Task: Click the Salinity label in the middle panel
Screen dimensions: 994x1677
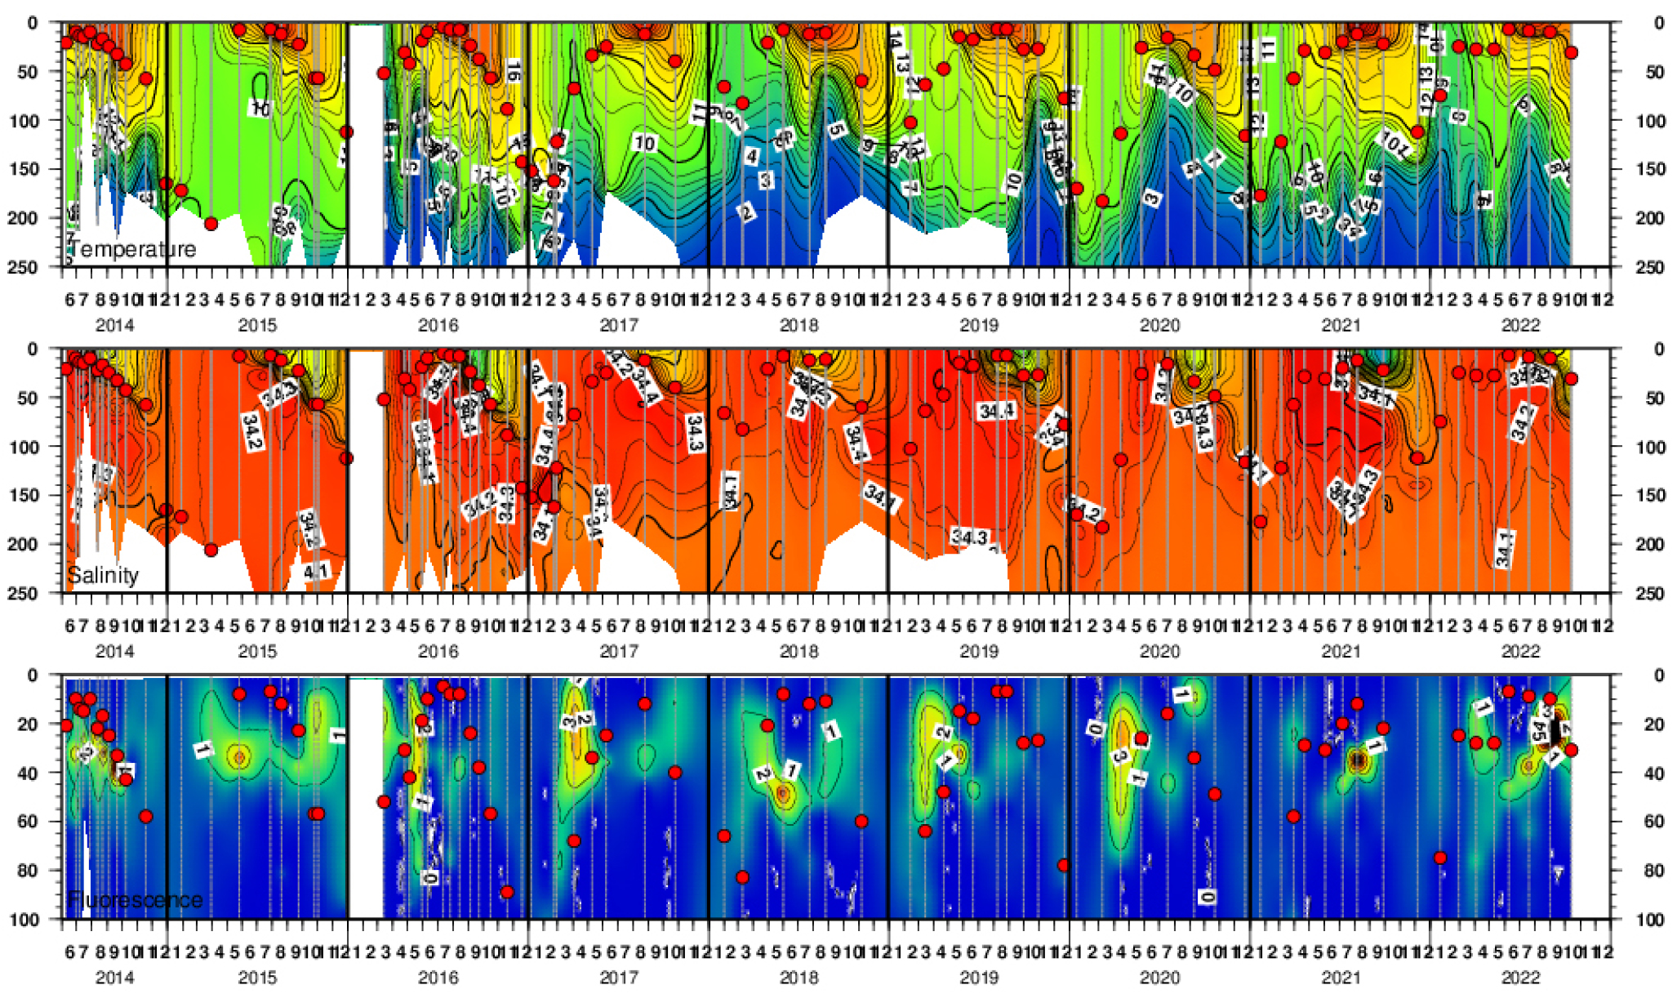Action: (x=103, y=575)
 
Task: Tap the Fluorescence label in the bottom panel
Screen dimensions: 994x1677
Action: (x=135, y=900)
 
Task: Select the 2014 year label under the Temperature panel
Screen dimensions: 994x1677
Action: (x=115, y=325)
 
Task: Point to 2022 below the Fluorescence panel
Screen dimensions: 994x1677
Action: (x=1520, y=977)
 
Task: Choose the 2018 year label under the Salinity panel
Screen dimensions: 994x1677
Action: (x=798, y=651)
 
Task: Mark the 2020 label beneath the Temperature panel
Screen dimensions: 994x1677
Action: (x=1159, y=325)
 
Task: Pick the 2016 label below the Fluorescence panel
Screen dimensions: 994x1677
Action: (x=438, y=977)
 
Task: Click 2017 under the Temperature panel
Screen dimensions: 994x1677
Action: (x=619, y=325)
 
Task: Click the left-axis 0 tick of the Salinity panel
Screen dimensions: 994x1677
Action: (x=33, y=350)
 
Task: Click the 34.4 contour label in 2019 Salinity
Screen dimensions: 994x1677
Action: (x=996, y=411)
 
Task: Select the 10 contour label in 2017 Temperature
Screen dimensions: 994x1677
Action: (x=645, y=143)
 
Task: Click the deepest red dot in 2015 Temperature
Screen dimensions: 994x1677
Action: (x=211, y=224)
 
